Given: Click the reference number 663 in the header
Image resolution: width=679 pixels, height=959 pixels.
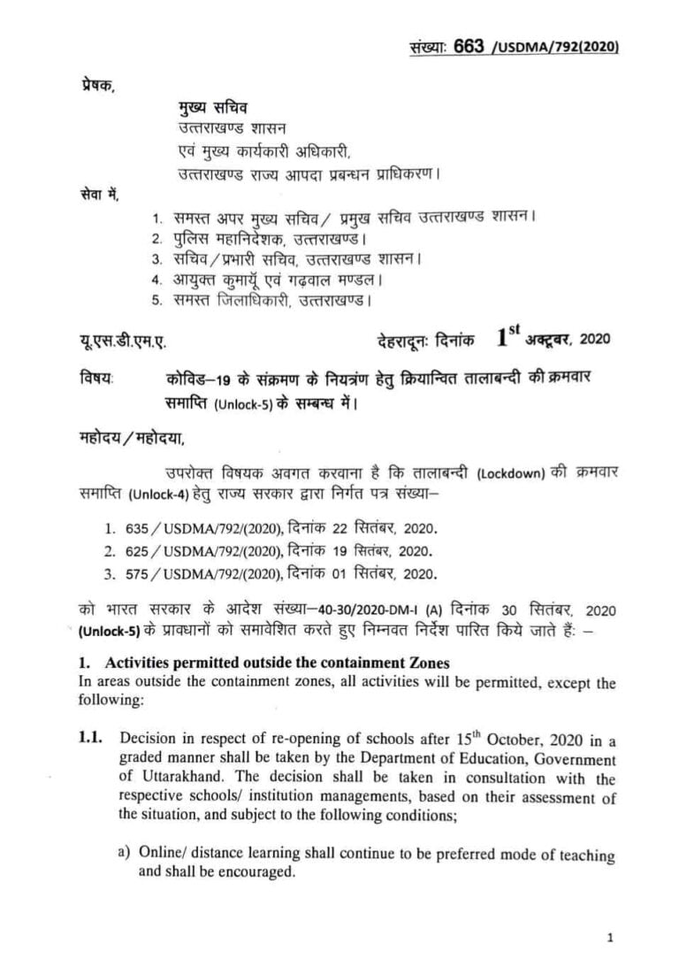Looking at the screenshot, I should click(x=468, y=47).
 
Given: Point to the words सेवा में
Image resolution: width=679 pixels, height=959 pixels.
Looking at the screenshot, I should click(x=95, y=194).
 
